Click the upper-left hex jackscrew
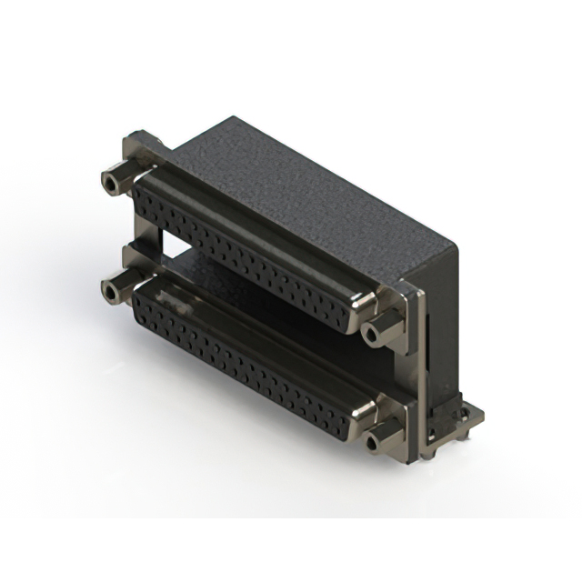(x=115, y=181)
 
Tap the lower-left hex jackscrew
(x=115, y=292)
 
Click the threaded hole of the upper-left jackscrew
(x=110, y=183)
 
